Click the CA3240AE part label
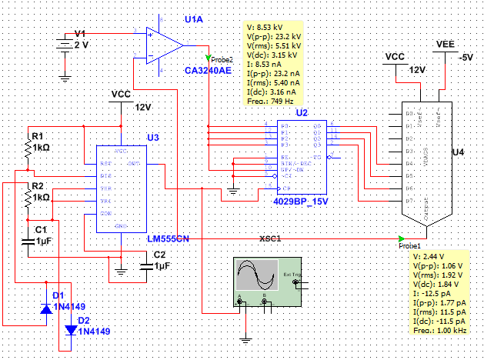pyautogui.click(x=208, y=70)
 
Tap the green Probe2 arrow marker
pyautogui.click(x=208, y=58)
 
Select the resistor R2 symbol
pyautogui.click(x=28, y=197)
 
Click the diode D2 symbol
pyautogui.click(x=71, y=330)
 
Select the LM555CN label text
pyautogui.click(x=169, y=239)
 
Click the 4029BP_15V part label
pyautogui.click(x=301, y=201)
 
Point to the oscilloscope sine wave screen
pyautogui.click(x=257, y=275)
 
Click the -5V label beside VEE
pyautogui.click(x=466, y=58)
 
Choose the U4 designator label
pyautogui.click(x=458, y=152)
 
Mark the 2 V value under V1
pyautogui.click(x=81, y=45)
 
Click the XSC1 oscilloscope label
pyautogui.click(x=271, y=238)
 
